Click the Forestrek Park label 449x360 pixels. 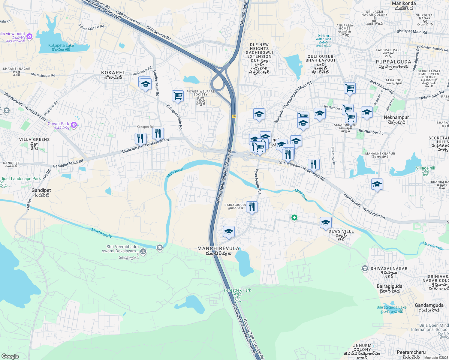[x=237, y=290]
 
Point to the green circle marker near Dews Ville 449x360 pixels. [x=294, y=218]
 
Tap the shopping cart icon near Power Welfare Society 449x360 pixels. [x=178, y=96]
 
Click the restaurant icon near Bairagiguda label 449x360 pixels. [x=252, y=207]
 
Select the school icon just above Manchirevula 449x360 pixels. [x=229, y=232]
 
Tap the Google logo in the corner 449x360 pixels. [x=10, y=356]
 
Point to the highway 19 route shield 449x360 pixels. [x=234, y=116]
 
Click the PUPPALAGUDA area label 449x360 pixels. [x=393, y=62]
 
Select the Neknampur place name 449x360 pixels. [x=396, y=118]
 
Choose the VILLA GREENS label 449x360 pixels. [x=35, y=139]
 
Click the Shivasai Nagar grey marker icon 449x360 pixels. [x=365, y=268]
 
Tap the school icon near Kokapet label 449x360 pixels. [x=145, y=84]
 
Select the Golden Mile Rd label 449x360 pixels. [x=156, y=83]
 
